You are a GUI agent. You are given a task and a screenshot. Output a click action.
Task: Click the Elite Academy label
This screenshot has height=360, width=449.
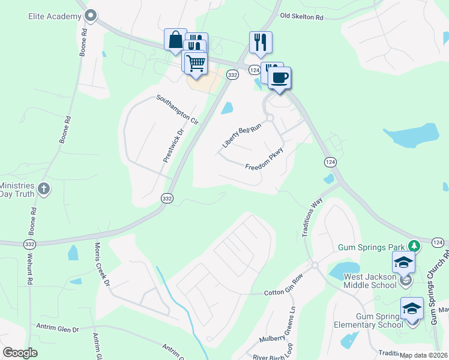click(x=55, y=16)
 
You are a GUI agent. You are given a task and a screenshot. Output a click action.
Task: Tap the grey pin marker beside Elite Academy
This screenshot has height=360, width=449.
click(x=91, y=15)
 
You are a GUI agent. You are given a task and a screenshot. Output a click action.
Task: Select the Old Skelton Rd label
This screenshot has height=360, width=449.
click(x=301, y=17)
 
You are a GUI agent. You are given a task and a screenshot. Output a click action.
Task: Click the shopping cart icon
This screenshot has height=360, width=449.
click(x=196, y=62)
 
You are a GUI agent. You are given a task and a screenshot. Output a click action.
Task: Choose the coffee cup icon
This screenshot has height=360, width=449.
click(x=279, y=77)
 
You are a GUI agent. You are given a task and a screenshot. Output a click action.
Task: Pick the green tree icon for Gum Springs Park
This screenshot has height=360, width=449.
click(x=414, y=245)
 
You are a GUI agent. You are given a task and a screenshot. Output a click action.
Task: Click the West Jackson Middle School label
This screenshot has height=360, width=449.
click(x=370, y=281)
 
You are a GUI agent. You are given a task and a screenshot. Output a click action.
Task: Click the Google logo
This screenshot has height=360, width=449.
click(x=20, y=353)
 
